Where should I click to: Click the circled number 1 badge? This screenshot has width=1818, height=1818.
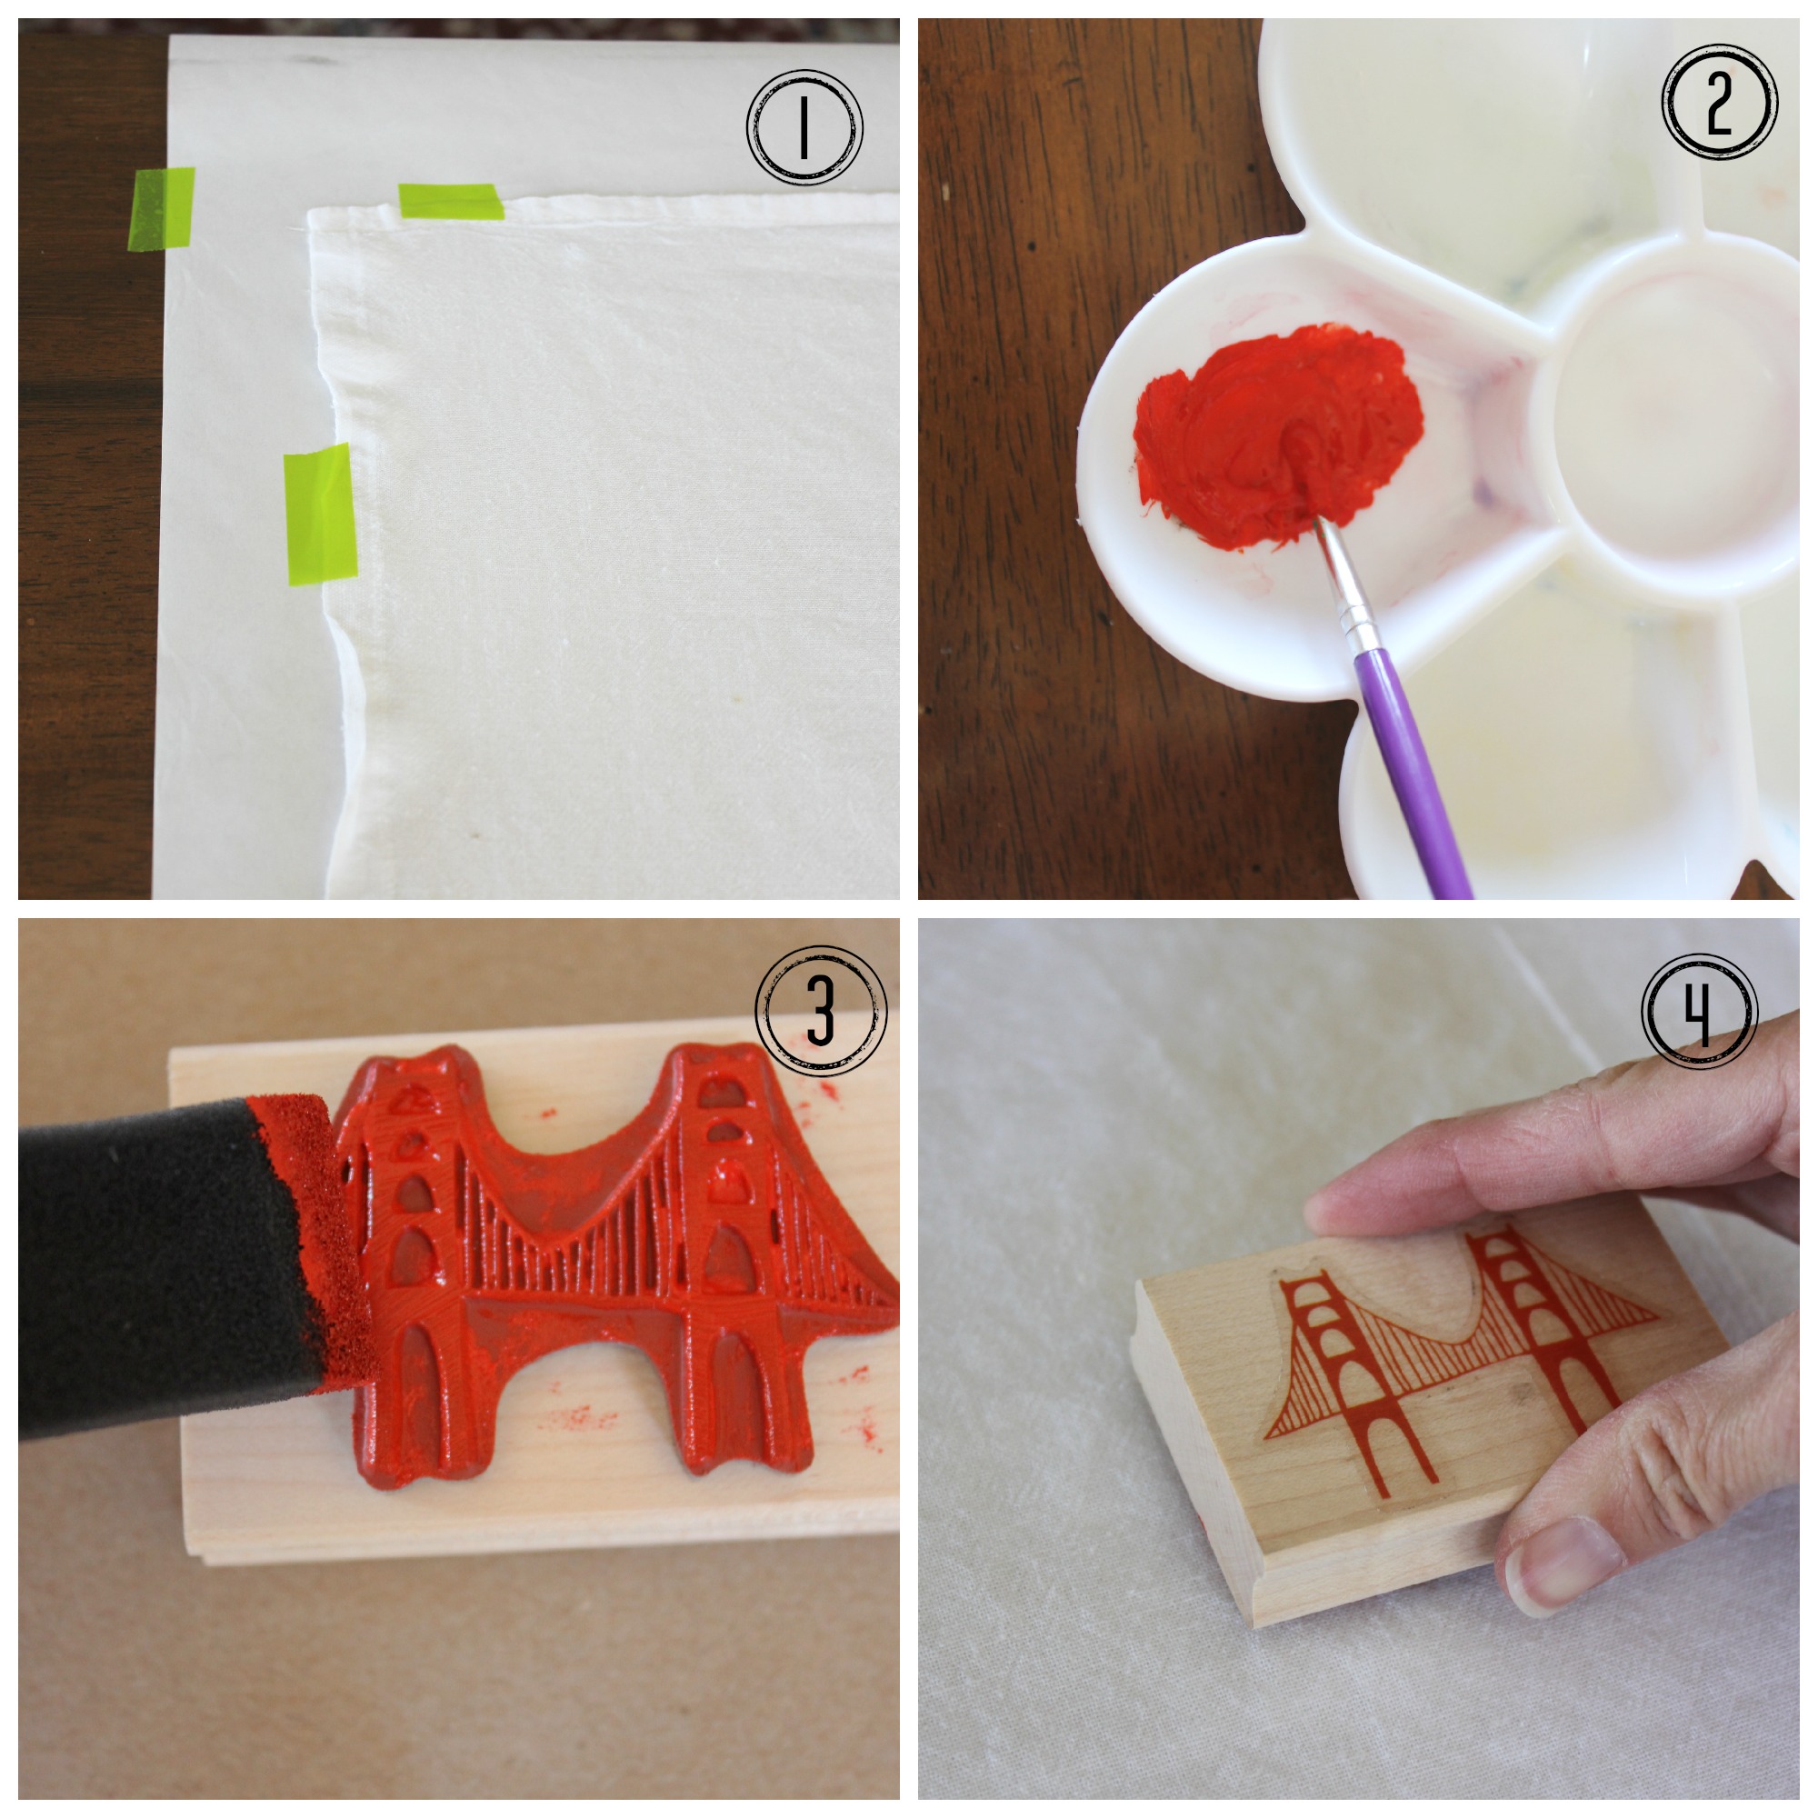tap(804, 127)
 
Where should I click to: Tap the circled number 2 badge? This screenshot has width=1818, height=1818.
tap(1719, 101)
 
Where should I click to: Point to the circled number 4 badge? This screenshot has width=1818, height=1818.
tap(1700, 1013)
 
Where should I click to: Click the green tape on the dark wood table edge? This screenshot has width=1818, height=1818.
tap(162, 209)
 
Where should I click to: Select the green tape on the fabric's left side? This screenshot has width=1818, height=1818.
tap(320, 514)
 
